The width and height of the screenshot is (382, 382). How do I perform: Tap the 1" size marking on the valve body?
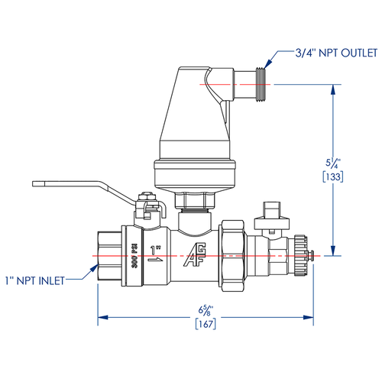pos(157,251)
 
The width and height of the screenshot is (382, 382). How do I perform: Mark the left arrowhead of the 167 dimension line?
pos(100,316)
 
